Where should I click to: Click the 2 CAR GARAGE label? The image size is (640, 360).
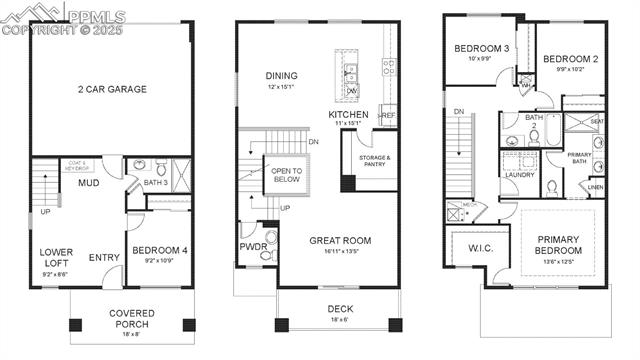(x=112, y=89)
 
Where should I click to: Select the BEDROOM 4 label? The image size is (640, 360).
(x=158, y=250)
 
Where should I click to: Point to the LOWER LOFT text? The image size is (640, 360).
(x=57, y=257)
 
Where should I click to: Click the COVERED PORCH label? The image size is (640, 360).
(x=132, y=319)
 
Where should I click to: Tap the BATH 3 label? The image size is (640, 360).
(x=156, y=183)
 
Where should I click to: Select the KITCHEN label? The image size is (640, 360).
(x=349, y=115)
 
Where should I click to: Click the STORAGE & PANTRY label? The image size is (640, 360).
(x=374, y=161)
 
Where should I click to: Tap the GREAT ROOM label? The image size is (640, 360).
(x=341, y=241)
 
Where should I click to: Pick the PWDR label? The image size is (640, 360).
(x=250, y=246)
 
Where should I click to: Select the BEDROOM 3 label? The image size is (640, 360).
(x=482, y=49)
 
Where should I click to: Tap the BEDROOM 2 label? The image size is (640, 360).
(x=571, y=59)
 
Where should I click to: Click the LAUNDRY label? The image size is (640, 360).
(x=519, y=175)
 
